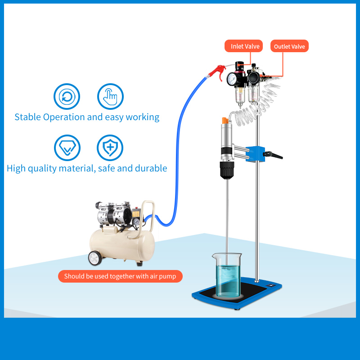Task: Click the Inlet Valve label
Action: pos(245,46)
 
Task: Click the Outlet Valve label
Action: pos(289,46)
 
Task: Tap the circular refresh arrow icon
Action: pos(67,96)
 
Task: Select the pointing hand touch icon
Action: pos(110,96)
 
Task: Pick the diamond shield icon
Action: pos(67,148)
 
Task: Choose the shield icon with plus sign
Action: pos(110,148)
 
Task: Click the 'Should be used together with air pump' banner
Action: pos(120,276)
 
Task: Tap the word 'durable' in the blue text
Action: pos(150,168)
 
